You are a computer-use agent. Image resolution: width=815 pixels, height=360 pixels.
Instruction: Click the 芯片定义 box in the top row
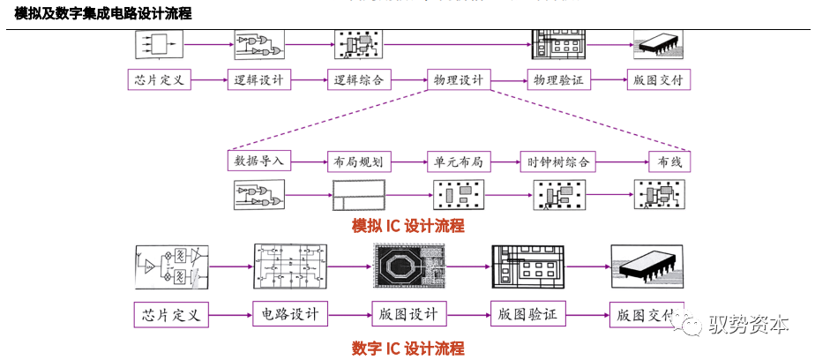159,79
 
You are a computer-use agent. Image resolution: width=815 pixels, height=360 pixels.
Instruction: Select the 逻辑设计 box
259,79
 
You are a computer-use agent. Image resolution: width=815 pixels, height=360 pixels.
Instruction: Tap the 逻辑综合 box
359,79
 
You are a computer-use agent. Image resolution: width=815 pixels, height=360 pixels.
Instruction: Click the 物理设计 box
459,79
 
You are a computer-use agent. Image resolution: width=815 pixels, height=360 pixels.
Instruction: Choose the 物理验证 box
558,79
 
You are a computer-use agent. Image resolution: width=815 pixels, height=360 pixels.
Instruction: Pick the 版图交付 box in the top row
658,79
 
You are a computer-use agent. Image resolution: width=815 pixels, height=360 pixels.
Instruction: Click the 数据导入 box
258,161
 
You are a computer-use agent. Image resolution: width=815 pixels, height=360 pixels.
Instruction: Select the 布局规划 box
359,161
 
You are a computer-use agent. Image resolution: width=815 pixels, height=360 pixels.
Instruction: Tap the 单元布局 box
459,161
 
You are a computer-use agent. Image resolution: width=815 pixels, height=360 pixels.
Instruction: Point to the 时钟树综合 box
558,161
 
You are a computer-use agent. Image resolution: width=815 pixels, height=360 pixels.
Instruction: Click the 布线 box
669,161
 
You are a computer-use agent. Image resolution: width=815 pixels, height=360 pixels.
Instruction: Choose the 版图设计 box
409,313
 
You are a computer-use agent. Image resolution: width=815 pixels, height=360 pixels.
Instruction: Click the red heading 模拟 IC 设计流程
407,226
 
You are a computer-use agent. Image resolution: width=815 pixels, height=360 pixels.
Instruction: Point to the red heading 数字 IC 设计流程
407,348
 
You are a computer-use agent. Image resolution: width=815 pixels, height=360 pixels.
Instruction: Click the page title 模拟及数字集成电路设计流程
103,13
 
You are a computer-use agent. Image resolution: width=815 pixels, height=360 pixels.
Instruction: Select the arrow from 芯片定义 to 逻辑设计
208,79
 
